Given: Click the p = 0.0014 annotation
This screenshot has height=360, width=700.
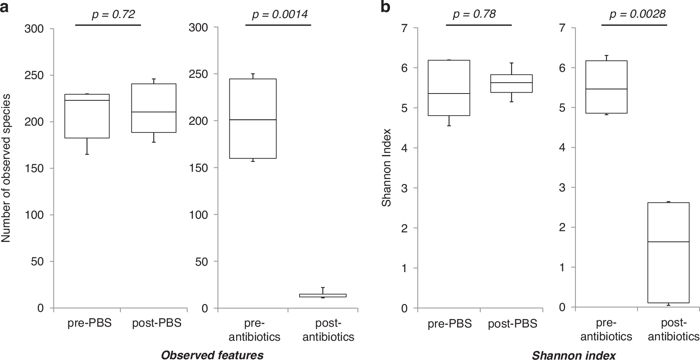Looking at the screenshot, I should coord(280,15).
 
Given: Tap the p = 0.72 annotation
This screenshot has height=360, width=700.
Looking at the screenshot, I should coord(113,15).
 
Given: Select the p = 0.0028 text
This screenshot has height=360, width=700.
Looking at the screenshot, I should coord(637,14).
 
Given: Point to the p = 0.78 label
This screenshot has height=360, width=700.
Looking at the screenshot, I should coord(474,14).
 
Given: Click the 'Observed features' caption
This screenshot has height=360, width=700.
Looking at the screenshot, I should coord(212,355).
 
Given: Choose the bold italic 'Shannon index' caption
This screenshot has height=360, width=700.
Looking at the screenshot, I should coord(573,356).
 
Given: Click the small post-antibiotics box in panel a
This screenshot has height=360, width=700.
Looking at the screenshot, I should coord(329,295).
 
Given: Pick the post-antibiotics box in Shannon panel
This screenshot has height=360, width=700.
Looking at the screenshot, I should coord(668,253).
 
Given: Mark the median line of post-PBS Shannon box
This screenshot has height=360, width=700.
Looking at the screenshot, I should coord(512,83).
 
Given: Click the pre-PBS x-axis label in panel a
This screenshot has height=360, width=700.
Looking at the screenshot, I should coord(89,323).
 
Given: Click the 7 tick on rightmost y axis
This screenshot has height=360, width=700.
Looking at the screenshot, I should coord(561,28).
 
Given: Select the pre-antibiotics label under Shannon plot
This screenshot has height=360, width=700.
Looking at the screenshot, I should coord(606,330).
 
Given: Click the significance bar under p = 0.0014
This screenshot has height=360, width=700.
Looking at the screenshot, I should coord(278,25).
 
